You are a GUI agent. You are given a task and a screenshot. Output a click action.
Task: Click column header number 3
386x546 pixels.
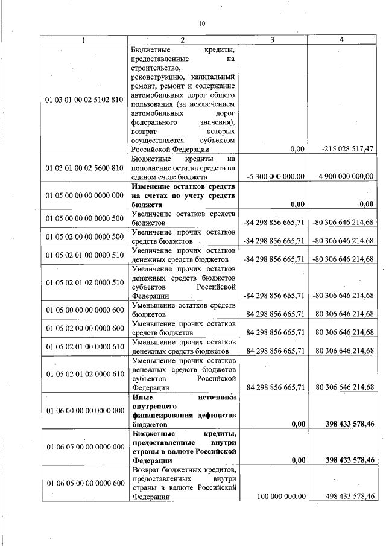(x=273, y=40)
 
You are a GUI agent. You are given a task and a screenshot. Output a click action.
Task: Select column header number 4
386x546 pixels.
(x=342, y=40)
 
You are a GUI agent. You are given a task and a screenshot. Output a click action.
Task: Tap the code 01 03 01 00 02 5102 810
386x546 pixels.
(x=84, y=99)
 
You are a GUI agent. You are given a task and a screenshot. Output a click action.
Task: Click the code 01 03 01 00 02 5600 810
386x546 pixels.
(x=84, y=167)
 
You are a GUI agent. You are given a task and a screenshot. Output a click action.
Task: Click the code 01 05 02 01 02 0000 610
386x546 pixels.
(x=84, y=373)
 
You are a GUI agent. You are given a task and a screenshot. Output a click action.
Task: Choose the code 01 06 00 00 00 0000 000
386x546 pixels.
(x=84, y=410)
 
